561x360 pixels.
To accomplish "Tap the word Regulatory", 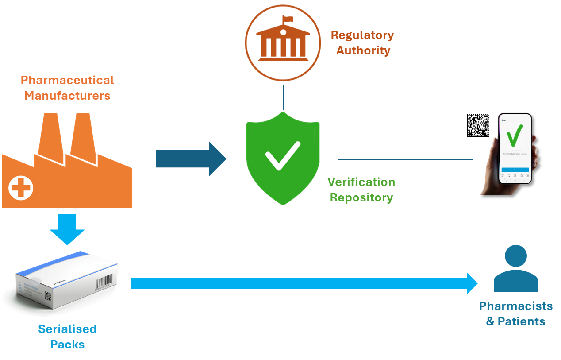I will click(362, 35).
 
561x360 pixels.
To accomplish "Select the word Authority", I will click(363, 50).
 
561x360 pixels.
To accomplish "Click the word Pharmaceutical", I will click(67, 80).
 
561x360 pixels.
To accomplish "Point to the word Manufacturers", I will click(67, 95).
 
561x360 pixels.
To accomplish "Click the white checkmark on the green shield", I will click(282, 156).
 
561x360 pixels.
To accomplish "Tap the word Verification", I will click(361, 182).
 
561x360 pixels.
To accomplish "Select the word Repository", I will click(361, 197).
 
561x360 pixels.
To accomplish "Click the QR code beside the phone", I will click(479, 125).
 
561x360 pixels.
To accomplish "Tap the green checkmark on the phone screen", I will click(515, 135).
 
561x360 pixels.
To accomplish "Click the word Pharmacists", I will click(516, 306).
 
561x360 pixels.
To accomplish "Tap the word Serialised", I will click(67, 329).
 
